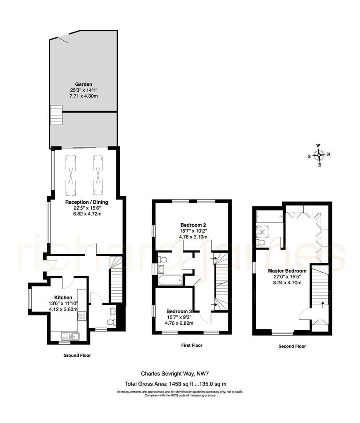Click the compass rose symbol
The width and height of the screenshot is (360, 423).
pos(319,155)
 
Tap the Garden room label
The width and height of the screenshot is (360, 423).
pos(84,84)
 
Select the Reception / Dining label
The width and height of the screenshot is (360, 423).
pos(87,202)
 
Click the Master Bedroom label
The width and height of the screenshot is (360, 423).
pos(287,271)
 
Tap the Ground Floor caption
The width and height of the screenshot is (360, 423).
pos(77,355)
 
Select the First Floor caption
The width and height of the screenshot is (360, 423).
pos(191,345)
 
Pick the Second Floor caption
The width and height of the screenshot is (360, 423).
pos(292,346)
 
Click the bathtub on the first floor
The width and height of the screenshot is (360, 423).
pos(170,280)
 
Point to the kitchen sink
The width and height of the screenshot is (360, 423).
pos(70,336)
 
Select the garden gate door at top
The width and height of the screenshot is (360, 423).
pos(64,38)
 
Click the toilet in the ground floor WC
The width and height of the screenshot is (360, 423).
pos(111,322)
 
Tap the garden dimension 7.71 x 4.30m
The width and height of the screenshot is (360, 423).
pos(84,96)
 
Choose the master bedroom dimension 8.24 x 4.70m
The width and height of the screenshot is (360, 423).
pos(287,282)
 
